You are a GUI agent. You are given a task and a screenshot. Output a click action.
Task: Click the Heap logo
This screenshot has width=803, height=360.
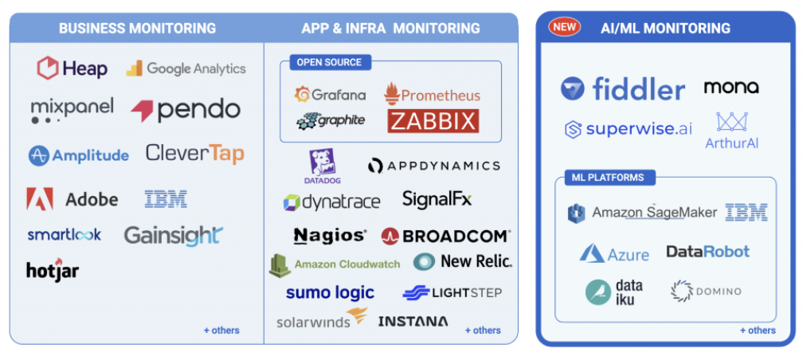(72, 68)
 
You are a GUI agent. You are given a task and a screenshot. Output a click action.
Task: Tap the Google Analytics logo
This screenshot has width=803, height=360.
(186, 68)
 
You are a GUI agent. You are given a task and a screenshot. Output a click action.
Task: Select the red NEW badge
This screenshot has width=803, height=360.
(564, 27)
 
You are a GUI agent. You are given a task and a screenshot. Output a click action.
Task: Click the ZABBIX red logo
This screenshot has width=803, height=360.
(433, 121)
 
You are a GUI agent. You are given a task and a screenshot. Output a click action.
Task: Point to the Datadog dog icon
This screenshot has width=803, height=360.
(323, 162)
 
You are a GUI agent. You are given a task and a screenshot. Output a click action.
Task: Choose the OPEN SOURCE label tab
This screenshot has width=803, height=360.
(329, 62)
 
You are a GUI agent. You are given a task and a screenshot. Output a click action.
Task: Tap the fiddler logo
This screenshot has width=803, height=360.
(622, 89)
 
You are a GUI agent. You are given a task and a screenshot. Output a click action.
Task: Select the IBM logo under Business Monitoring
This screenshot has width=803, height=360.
(166, 199)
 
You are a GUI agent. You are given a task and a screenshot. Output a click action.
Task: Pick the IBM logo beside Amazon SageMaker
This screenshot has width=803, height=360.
(746, 212)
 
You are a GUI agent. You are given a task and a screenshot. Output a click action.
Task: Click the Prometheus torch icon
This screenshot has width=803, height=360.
(391, 95)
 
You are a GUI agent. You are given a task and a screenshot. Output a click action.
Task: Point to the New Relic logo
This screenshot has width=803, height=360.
(463, 261)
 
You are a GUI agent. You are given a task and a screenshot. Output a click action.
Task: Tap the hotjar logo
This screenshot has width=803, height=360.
(53, 271)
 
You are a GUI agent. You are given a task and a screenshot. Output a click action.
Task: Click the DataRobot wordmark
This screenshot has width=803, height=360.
(707, 252)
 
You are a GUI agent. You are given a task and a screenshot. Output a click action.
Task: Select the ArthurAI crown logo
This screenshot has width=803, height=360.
(731, 122)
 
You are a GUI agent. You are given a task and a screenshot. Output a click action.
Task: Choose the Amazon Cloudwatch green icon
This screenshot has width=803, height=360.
(279, 264)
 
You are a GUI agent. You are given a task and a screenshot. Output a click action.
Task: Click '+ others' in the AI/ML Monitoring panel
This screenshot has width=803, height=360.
(757, 331)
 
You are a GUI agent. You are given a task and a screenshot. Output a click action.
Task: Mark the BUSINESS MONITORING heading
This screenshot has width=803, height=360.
(137, 29)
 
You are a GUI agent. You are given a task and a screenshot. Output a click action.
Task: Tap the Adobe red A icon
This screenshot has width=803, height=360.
(39, 199)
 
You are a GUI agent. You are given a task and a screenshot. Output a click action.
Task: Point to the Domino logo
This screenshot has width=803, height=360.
(706, 292)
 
